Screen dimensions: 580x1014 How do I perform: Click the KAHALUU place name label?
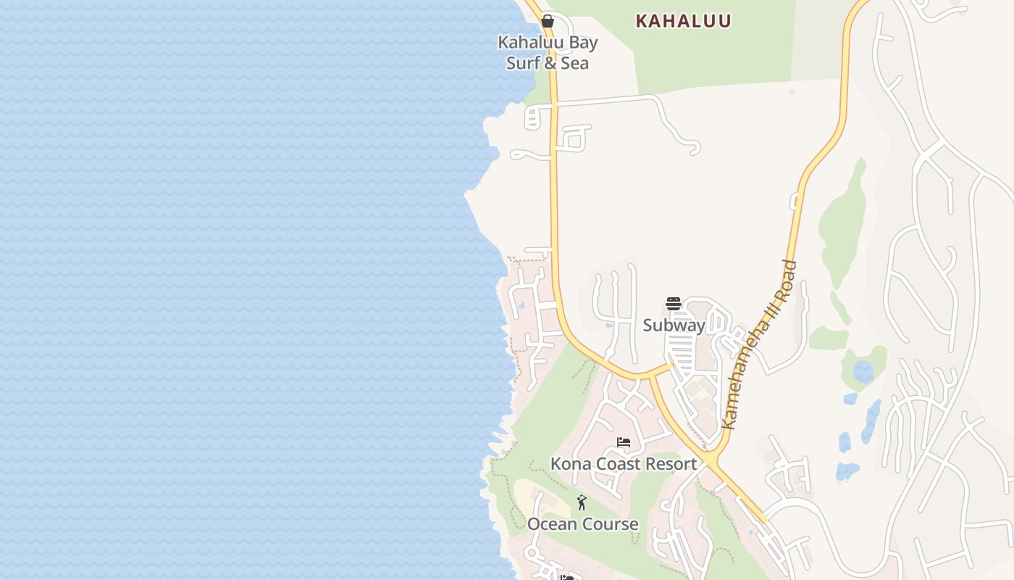coord(683,21)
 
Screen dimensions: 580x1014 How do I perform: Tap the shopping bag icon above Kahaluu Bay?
coord(548,21)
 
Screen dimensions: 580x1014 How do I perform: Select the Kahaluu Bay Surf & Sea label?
coord(548,52)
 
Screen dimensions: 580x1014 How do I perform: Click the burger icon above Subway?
coord(674,304)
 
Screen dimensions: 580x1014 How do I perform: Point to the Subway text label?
coord(674,326)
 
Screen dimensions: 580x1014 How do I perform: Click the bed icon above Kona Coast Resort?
coord(624,442)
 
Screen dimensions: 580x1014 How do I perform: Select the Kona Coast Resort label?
coord(624,464)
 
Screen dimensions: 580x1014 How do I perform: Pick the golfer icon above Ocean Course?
coord(582,502)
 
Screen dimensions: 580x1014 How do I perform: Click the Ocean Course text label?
coord(583,524)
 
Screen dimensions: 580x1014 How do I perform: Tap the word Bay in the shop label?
coord(583,42)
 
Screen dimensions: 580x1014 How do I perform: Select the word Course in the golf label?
coord(611,524)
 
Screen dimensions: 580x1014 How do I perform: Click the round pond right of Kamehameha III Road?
coord(863,372)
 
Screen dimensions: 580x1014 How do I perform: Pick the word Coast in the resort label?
coord(615,464)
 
